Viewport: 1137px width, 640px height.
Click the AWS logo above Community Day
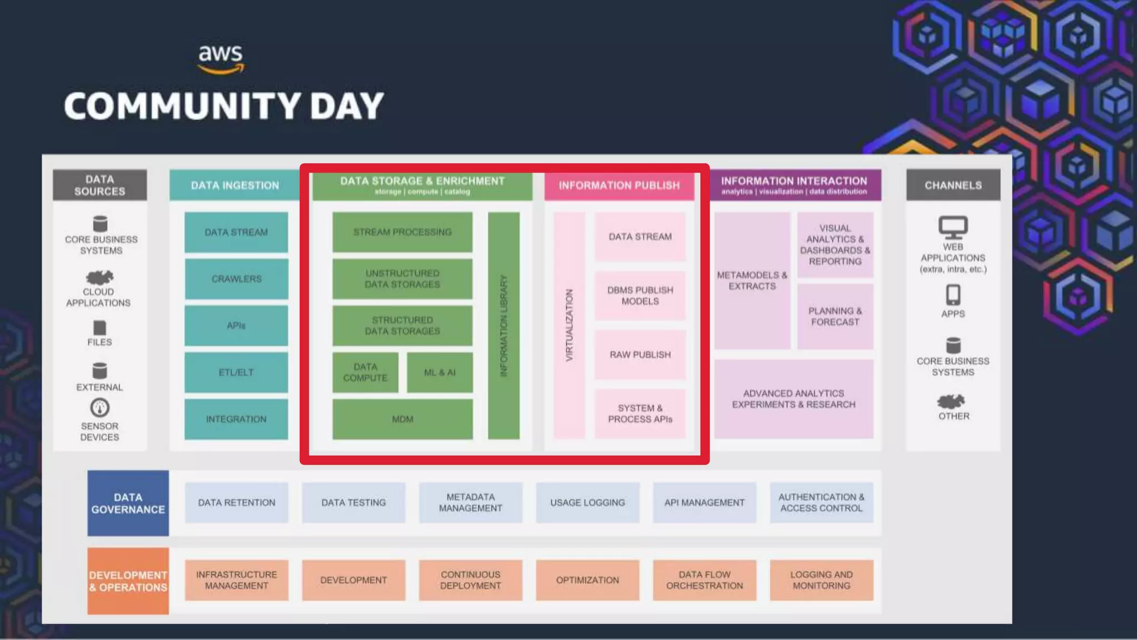(221, 58)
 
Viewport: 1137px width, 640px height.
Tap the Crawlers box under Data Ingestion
(236, 279)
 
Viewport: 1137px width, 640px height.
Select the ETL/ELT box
(236, 372)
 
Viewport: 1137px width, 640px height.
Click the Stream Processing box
(403, 232)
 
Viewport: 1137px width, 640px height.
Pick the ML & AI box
(440, 372)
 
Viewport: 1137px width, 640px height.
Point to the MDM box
(403, 419)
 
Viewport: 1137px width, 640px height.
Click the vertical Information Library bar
(504, 326)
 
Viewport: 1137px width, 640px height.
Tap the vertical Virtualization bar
(569, 326)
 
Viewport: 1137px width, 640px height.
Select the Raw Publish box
(640, 354)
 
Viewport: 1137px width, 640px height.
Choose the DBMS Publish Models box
(640, 296)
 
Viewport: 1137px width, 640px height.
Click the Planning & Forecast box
(835, 317)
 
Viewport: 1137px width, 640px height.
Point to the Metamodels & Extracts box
(752, 281)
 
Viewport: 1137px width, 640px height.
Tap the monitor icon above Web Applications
(953, 227)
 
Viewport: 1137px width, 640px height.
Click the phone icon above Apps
(953, 295)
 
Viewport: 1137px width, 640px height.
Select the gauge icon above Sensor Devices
(100, 408)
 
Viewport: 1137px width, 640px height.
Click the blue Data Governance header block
(128, 503)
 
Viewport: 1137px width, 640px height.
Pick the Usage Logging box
(587, 503)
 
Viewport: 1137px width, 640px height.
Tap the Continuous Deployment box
(470, 580)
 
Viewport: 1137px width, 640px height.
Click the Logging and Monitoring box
(821, 580)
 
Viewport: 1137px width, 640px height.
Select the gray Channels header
(953, 185)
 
